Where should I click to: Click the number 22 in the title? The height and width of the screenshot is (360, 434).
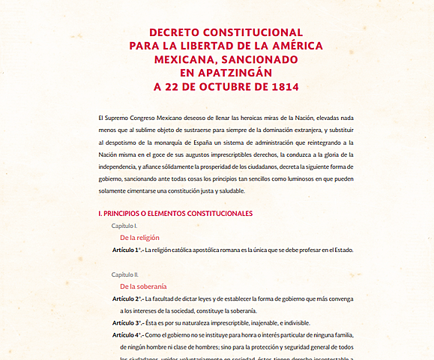173,86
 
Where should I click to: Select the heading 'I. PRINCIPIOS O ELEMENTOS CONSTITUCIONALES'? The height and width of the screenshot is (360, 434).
175,214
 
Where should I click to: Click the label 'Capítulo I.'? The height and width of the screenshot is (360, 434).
124,226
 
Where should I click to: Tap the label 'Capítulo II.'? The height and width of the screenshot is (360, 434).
126,274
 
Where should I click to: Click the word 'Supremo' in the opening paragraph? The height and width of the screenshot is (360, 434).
118,118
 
